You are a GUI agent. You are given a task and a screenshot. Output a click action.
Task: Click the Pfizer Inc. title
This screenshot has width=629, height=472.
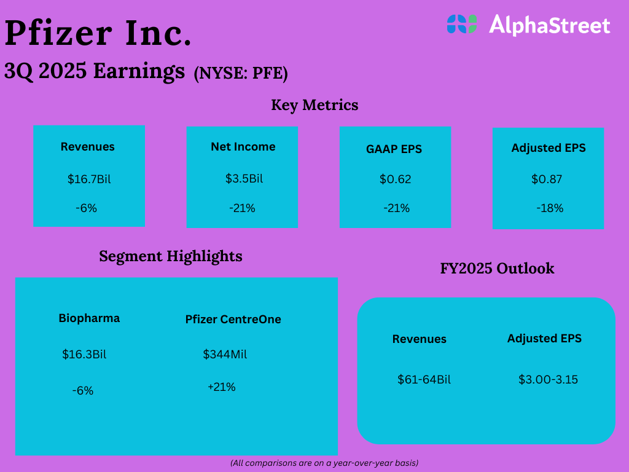pos(98,34)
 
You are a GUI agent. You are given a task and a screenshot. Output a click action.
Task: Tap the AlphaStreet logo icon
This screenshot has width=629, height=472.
pos(462,24)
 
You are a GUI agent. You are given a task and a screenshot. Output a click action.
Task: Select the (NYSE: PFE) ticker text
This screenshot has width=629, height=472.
pos(241,74)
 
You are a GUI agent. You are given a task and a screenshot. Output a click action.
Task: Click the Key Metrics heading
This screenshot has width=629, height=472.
pos(314,105)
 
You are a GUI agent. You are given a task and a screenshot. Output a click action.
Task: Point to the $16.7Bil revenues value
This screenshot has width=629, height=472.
pos(89,179)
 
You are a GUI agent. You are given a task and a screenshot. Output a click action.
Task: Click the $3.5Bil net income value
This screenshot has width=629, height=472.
pos(243,179)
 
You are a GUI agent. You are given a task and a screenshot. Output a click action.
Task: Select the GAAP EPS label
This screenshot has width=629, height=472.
pos(395,149)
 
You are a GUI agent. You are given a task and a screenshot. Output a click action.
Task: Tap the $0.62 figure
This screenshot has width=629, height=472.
pos(395,179)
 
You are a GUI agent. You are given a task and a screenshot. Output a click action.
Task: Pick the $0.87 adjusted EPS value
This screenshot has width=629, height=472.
pos(547,179)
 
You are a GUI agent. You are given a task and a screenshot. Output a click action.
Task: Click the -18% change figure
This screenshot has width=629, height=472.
pos(549,208)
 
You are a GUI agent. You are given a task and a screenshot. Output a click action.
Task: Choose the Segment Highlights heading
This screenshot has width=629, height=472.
pos(171,256)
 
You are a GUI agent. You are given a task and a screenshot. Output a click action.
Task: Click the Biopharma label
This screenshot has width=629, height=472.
pos(89,318)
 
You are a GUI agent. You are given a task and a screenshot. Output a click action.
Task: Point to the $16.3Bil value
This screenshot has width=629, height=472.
pos(84,355)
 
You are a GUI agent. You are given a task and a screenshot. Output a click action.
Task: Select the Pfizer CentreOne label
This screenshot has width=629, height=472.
pos(233,320)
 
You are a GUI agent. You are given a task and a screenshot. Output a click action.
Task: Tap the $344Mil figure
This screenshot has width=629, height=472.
pos(225,355)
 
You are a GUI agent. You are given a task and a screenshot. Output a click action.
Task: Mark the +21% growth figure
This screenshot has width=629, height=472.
pos(221,387)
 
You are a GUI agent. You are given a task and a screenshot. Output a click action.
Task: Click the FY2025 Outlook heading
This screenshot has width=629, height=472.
pos(497,269)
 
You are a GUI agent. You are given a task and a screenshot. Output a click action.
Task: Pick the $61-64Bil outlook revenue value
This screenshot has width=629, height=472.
pos(424,380)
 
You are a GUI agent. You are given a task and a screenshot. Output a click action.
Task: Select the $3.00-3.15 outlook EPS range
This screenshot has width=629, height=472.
pos(548,380)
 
